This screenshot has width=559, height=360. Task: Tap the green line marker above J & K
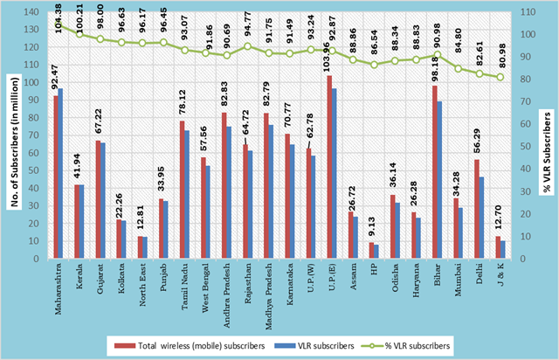coord(500,77)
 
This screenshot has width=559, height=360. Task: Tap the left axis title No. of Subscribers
coord(10,131)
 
